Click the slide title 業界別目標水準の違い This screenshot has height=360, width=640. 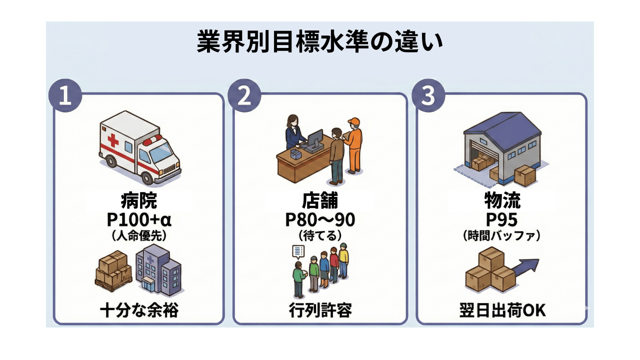pos(319,42)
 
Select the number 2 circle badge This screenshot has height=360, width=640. pos(244,95)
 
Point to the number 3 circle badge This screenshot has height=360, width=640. pos(428,95)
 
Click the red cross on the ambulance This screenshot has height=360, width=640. pos(113,139)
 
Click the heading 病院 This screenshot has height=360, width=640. pos(139,201)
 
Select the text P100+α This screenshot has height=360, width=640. pos(139,220)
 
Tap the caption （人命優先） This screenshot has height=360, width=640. pos(139,236)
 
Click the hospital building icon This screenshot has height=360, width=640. pos(159,270)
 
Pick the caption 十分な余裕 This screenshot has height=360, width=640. pos(139,311)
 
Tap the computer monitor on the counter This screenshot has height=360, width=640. pos(314,139)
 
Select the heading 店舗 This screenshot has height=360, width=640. pos(320,201)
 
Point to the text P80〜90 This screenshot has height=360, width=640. pos(320,220)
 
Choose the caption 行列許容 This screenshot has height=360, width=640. pos(320,311)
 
